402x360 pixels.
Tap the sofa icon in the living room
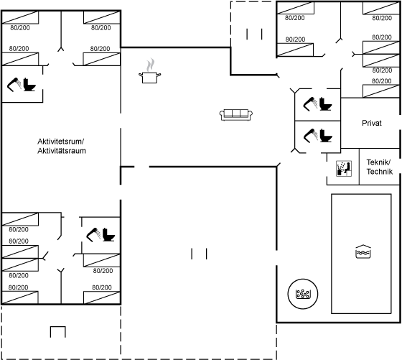click(x=236, y=115)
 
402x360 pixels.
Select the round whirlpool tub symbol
click(x=303, y=294)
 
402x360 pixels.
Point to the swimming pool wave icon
click(x=363, y=251)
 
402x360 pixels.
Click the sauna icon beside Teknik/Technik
click(x=344, y=169)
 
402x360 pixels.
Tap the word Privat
click(x=372, y=123)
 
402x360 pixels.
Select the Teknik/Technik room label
click(x=380, y=167)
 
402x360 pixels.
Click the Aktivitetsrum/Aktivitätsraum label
click(x=62, y=146)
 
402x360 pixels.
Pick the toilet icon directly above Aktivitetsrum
click(x=29, y=85)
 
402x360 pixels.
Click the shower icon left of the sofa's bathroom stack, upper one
click(x=310, y=103)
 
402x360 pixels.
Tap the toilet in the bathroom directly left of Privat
click(x=326, y=136)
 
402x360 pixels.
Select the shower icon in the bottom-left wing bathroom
click(x=93, y=234)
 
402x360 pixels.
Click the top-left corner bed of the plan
click(x=20, y=18)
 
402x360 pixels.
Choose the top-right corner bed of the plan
click(x=381, y=8)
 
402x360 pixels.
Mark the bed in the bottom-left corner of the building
click(x=20, y=297)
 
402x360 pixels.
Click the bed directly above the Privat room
click(x=381, y=91)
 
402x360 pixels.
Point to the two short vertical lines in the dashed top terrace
click(x=254, y=34)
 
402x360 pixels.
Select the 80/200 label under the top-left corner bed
click(x=20, y=28)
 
